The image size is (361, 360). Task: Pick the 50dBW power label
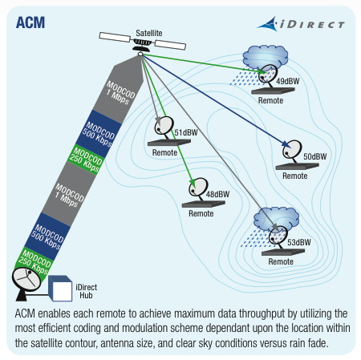(314, 156)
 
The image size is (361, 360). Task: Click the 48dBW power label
(217, 195)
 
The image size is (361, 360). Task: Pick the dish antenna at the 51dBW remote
(163, 126)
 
